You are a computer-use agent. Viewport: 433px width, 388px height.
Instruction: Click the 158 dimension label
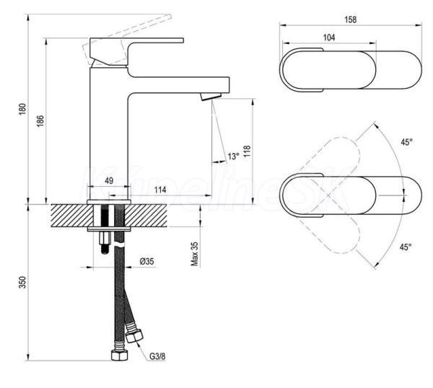350,19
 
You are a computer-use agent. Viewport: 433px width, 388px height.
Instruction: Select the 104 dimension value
329,38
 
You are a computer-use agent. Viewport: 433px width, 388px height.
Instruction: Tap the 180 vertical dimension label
22,109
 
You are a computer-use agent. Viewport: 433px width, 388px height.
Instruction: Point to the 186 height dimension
40,121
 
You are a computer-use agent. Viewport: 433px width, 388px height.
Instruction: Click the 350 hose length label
22,282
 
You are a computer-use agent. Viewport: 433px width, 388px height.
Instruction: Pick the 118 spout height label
247,151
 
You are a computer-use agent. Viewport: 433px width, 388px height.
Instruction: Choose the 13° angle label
233,156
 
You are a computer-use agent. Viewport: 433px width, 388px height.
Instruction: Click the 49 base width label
109,181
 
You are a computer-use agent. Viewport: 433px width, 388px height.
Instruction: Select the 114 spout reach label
160,190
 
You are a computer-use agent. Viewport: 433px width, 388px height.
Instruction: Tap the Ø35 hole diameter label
146,261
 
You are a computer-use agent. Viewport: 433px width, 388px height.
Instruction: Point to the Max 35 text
195,254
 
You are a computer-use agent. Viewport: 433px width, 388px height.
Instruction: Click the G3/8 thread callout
157,356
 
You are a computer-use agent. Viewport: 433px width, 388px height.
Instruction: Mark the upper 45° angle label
406,142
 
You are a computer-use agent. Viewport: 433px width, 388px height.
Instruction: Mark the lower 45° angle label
406,247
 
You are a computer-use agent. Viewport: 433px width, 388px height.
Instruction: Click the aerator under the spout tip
211,97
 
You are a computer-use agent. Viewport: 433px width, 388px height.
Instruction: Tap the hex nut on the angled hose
134,335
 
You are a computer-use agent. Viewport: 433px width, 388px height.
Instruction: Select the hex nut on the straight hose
120,355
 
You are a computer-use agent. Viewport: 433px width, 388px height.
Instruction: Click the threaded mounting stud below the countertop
105,242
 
